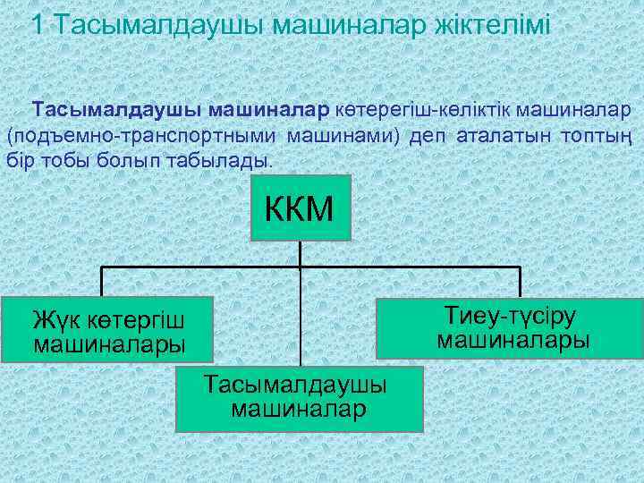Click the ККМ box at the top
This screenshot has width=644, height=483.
coord(301,208)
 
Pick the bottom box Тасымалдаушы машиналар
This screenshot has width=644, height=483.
coord(298,397)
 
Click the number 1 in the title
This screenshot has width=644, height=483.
coord(37,24)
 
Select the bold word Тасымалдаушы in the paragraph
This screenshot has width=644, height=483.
coord(117,111)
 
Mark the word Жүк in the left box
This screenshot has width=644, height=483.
coord(50,318)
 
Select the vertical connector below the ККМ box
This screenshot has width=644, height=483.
coord(301,254)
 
